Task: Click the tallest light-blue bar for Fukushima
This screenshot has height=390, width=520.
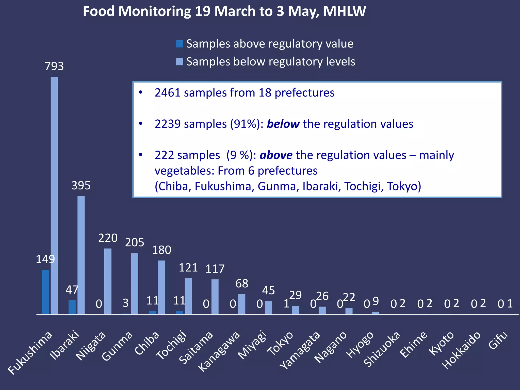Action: coord(54,196)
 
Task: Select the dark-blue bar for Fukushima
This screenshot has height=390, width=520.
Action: coord(45,292)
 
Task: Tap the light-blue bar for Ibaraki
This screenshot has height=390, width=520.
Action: coord(81,255)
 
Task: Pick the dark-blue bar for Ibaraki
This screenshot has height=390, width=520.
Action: coord(72,307)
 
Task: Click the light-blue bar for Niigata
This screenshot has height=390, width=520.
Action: coord(108,281)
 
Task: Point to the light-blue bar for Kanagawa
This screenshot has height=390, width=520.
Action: coord(242,304)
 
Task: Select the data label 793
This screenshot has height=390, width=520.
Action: coord(54,66)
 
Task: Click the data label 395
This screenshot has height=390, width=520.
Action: coord(81,186)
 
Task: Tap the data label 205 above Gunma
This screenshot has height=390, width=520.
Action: coord(135,242)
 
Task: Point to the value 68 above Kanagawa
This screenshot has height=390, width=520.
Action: coord(242,284)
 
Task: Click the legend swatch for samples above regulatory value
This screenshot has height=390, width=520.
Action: coord(179,44)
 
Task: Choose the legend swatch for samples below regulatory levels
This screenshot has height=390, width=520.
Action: coord(179,62)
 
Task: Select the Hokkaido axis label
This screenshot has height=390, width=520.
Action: coord(462,350)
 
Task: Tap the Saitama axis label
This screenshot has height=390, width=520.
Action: coord(196,347)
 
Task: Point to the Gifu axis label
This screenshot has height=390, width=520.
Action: coord(498,340)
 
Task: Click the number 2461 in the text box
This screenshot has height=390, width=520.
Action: coord(168,93)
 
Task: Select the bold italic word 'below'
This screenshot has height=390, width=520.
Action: coord(283,124)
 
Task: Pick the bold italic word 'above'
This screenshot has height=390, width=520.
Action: coord(276,155)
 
